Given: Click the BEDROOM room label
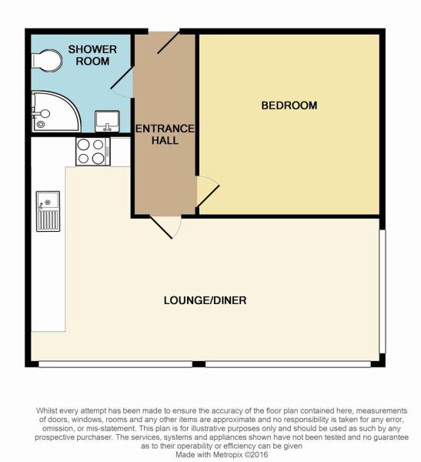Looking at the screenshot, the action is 289,105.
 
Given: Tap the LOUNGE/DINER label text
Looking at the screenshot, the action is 205,300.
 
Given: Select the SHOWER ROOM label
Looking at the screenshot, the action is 92,55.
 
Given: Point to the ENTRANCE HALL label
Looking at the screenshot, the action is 165,134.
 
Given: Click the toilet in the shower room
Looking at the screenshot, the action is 47,61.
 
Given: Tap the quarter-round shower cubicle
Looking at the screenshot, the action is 56,112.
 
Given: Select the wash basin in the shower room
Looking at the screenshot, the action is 107,122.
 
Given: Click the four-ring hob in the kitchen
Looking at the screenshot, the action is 93,152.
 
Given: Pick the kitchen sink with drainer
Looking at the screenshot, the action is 48,211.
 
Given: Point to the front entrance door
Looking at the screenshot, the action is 169,42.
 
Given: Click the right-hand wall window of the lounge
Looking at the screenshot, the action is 382,291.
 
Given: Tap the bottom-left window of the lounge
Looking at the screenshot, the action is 115,364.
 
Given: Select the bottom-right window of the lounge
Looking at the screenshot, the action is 288,364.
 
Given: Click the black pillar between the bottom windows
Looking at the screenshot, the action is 199,364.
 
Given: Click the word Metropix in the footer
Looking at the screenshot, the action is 228,454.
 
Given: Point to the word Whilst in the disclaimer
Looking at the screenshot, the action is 47,410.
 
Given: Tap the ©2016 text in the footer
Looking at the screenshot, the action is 256,454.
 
